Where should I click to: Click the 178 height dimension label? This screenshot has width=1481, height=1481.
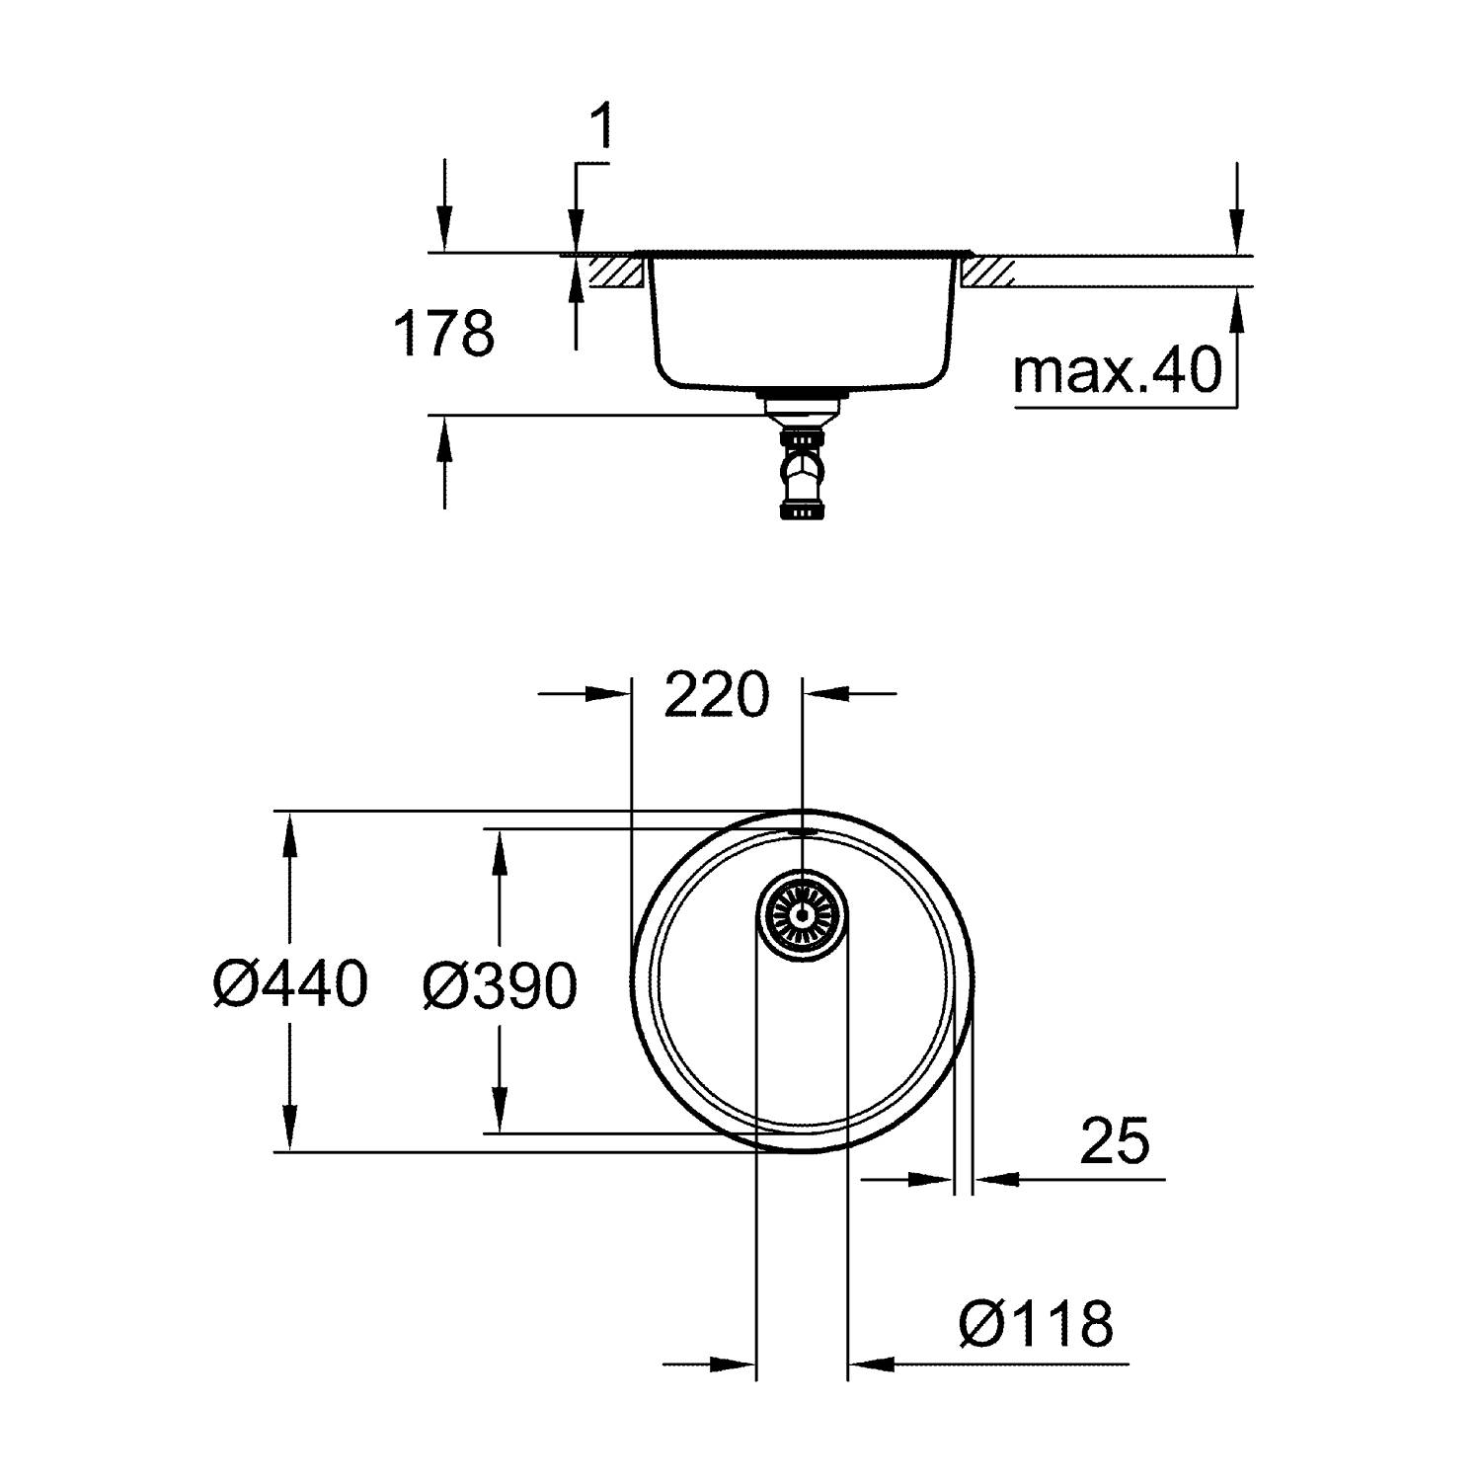click(x=444, y=334)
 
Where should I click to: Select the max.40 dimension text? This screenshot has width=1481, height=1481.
click(x=1117, y=371)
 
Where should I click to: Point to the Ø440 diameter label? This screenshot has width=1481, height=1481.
click(x=290, y=984)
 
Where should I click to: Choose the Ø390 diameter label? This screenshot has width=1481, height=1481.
click(x=500, y=986)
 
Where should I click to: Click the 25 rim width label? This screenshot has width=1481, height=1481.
click(x=1115, y=1141)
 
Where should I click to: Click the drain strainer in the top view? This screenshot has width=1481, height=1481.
click(x=802, y=915)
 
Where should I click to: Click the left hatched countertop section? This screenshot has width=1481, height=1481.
click(x=616, y=272)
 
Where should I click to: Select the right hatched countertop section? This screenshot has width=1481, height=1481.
click(x=987, y=272)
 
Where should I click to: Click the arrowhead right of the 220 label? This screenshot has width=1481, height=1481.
click(x=823, y=693)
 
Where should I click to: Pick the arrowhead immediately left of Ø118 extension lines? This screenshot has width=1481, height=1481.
click(x=736, y=1365)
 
